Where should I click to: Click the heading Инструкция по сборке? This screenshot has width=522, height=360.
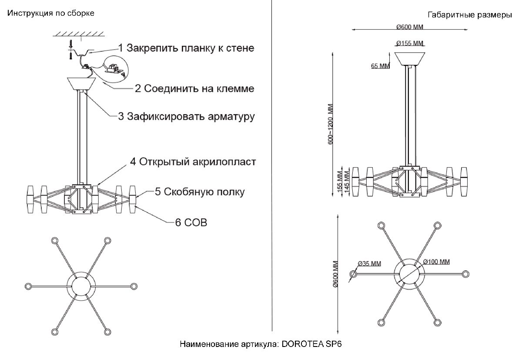click(x=51, y=13)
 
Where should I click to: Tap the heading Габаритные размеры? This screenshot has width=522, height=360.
click(x=469, y=15)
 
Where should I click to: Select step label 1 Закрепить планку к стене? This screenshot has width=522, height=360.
click(x=186, y=48)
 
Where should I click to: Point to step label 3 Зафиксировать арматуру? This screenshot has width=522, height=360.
click(x=187, y=116)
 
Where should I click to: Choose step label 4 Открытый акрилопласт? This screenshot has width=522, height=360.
click(x=193, y=162)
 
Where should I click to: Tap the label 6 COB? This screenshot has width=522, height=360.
click(x=191, y=222)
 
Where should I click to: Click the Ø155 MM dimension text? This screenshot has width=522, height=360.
click(x=410, y=43)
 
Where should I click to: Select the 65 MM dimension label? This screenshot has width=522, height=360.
click(x=380, y=66)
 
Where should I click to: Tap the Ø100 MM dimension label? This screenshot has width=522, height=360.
click(x=437, y=262)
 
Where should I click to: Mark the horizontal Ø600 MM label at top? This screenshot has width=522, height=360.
click(x=410, y=27)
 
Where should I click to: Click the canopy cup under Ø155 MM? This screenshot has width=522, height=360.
click(x=410, y=58)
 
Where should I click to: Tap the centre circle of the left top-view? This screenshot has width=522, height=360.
click(x=80, y=286)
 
